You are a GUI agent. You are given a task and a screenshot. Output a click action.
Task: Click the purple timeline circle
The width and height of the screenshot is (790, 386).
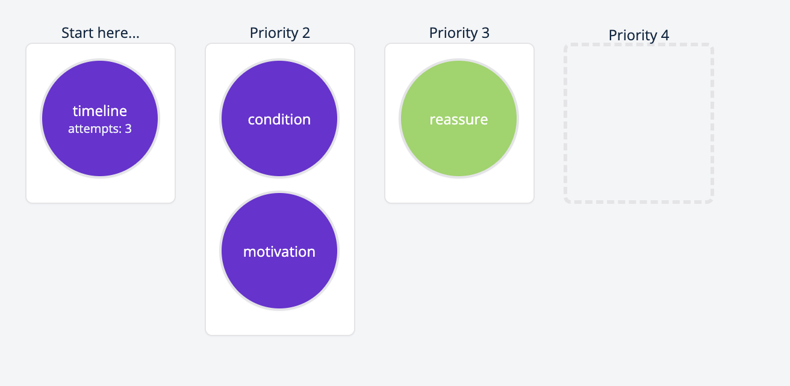click(x=100, y=150)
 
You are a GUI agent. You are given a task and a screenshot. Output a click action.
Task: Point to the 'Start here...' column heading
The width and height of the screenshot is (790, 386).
click(x=100, y=33)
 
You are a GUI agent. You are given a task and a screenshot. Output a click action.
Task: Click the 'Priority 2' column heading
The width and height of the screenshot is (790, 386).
click(x=279, y=33)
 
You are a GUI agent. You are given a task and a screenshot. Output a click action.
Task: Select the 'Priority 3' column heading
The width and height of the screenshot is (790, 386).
click(x=459, y=33)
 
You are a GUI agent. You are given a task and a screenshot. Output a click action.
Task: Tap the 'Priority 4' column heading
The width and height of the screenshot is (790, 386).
click(x=638, y=35)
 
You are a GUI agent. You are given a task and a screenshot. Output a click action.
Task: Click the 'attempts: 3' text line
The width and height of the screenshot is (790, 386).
click(x=100, y=129)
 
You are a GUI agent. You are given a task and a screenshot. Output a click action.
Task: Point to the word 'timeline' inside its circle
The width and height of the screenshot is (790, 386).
click(x=100, y=111)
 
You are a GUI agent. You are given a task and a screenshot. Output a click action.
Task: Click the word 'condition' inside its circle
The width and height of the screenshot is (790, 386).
click(x=279, y=120)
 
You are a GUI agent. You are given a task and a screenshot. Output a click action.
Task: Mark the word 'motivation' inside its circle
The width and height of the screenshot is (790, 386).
click(x=279, y=252)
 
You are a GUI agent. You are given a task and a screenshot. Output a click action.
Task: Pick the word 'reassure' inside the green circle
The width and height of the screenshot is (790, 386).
click(x=459, y=120)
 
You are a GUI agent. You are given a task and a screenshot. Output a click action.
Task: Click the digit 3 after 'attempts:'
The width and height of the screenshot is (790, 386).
click(x=128, y=129)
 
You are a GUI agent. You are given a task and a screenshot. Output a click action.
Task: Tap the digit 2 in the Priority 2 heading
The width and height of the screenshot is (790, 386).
click(x=306, y=33)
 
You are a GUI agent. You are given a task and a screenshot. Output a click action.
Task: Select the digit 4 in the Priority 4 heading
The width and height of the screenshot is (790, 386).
click(x=665, y=35)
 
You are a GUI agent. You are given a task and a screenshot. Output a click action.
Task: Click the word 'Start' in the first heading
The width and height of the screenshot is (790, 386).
click(x=77, y=33)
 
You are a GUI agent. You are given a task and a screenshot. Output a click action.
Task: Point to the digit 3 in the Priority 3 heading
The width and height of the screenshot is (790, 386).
click(x=485, y=33)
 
